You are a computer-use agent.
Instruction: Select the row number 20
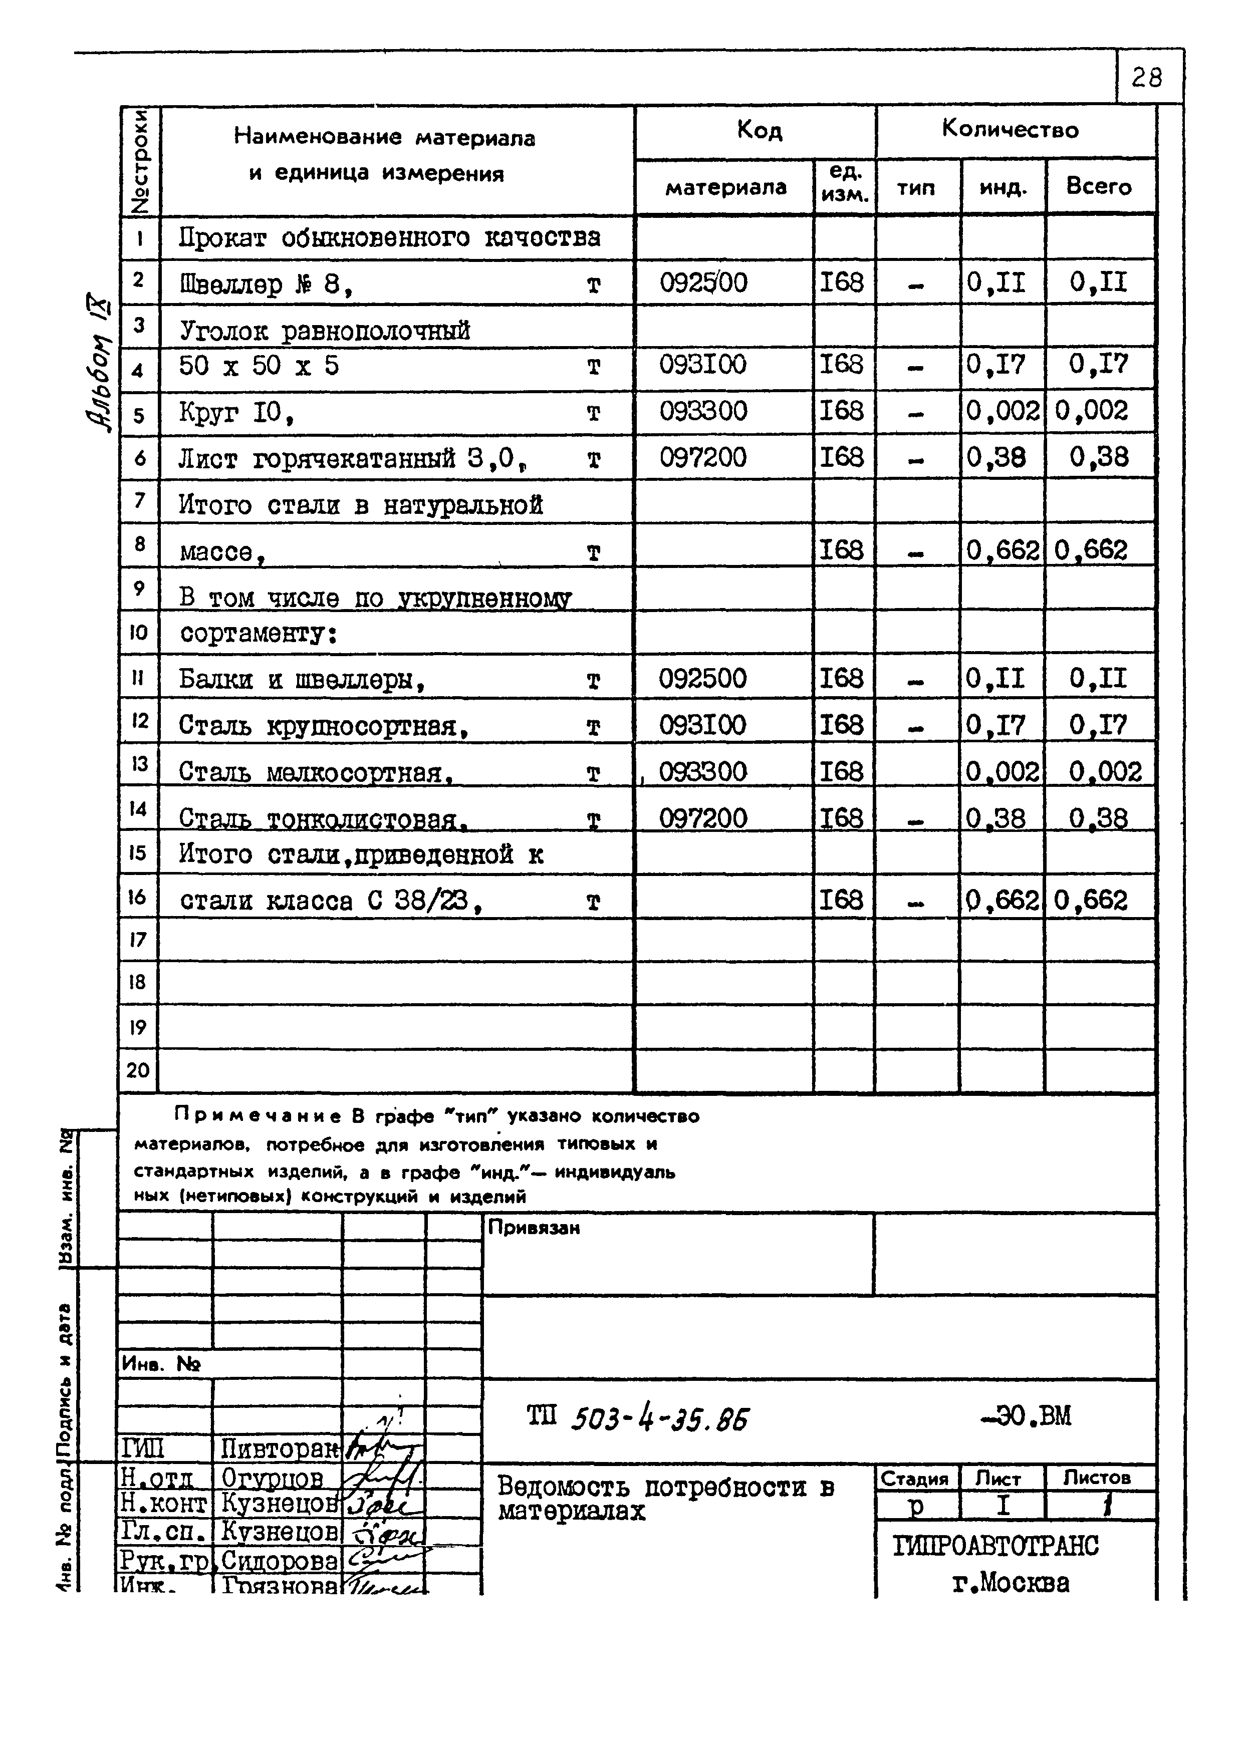(x=138, y=1070)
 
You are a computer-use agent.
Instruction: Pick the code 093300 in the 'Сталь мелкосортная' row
(x=702, y=771)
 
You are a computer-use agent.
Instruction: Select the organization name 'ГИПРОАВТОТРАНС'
(x=995, y=1546)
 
